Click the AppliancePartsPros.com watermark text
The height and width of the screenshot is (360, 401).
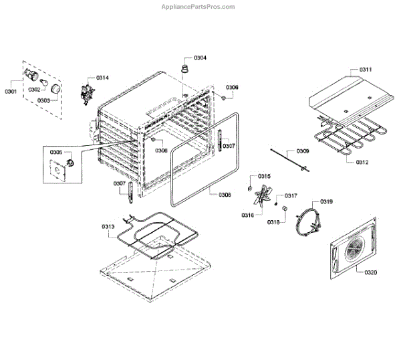tap(198, 7)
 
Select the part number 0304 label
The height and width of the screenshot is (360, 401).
tap(200, 58)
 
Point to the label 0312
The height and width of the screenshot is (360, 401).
tap(362, 162)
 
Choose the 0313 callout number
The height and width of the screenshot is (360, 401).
tap(108, 227)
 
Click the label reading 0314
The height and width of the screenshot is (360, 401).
tap(102, 78)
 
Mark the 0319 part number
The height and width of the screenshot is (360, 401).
tap(327, 201)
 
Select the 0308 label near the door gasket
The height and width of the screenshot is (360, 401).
tap(225, 195)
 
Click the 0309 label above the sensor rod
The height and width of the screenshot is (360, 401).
tap(303, 152)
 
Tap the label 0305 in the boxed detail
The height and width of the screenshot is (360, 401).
tap(56, 153)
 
